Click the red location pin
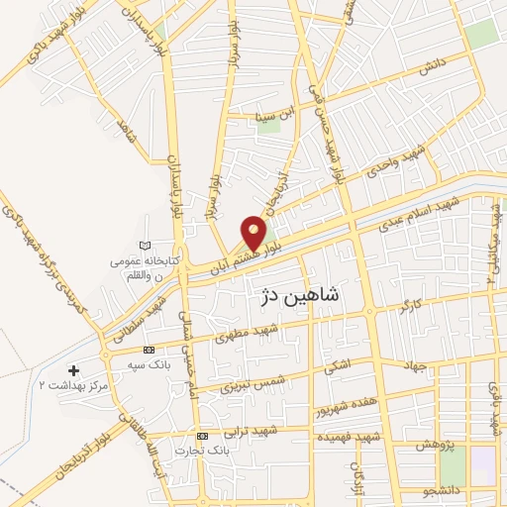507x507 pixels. [254, 231]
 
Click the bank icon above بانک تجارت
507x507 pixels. [203, 437]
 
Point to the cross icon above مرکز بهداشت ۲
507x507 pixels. [74, 370]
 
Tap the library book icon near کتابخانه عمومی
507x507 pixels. [148, 244]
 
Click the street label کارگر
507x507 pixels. [411, 304]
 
